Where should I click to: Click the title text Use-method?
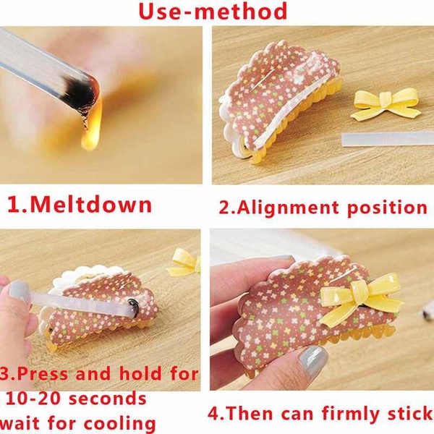[213, 12]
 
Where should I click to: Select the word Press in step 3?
[54, 375]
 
